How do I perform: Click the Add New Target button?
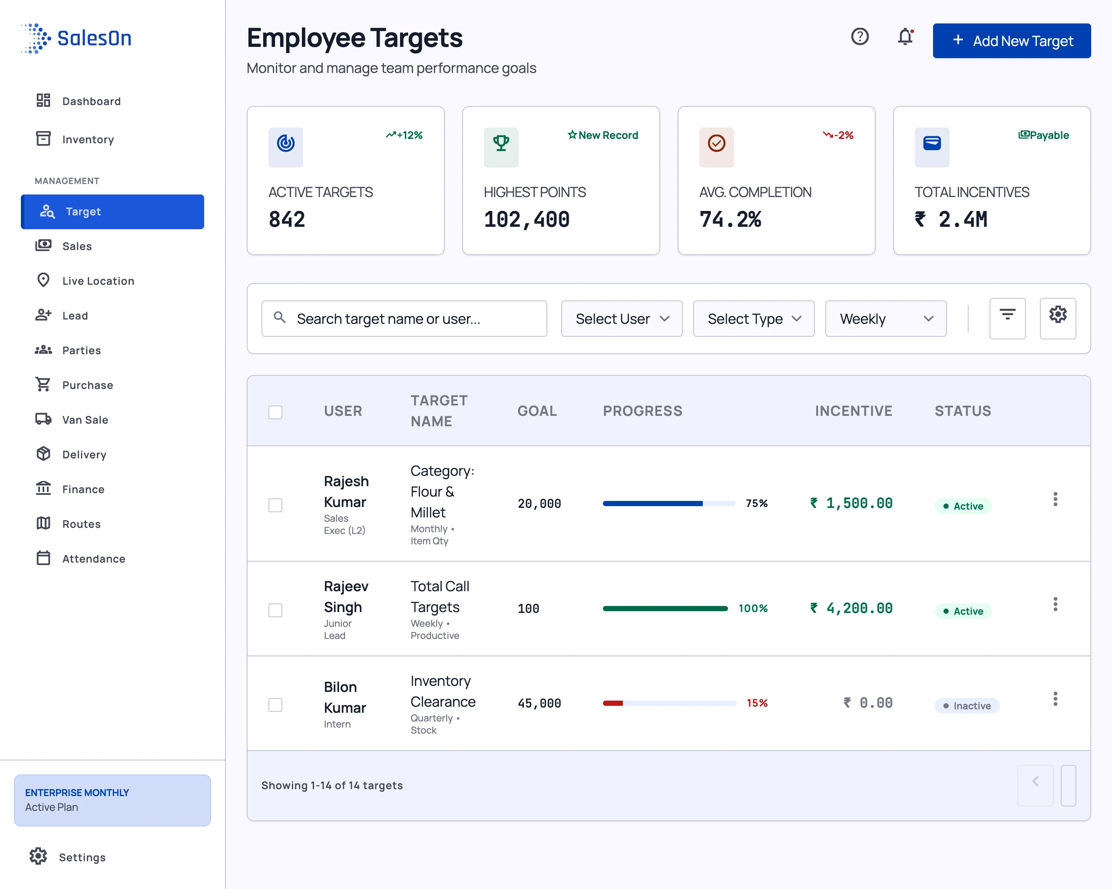pyautogui.click(x=1011, y=41)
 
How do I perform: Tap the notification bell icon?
pyautogui.click(x=905, y=37)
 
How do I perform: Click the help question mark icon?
pyautogui.click(x=860, y=36)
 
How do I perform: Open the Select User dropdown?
pyautogui.click(x=622, y=319)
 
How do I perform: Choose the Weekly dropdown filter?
pyautogui.click(x=886, y=319)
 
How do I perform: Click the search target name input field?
pyautogui.click(x=404, y=319)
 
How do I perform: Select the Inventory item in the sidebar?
pyautogui.click(x=75, y=139)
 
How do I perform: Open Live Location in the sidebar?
pyautogui.click(x=85, y=281)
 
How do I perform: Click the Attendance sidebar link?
pyautogui.click(x=80, y=559)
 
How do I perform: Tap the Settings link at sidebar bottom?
pyautogui.click(x=68, y=857)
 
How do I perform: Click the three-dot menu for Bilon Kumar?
pyautogui.click(x=1055, y=699)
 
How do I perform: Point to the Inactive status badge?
pyautogui.click(x=966, y=705)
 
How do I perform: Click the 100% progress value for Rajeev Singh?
pyautogui.click(x=753, y=608)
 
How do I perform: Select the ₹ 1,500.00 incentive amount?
pyautogui.click(x=851, y=503)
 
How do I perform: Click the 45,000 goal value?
pyautogui.click(x=539, y=703)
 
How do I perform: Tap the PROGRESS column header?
pyautogui.click(x=642, y=411)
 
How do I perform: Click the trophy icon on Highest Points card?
pyautogui.click(x=501, y=143)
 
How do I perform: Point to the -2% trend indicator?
pyautogui.click(x=838, y=135)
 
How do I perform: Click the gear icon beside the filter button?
pyautogui.click(x=1057, y=314)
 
